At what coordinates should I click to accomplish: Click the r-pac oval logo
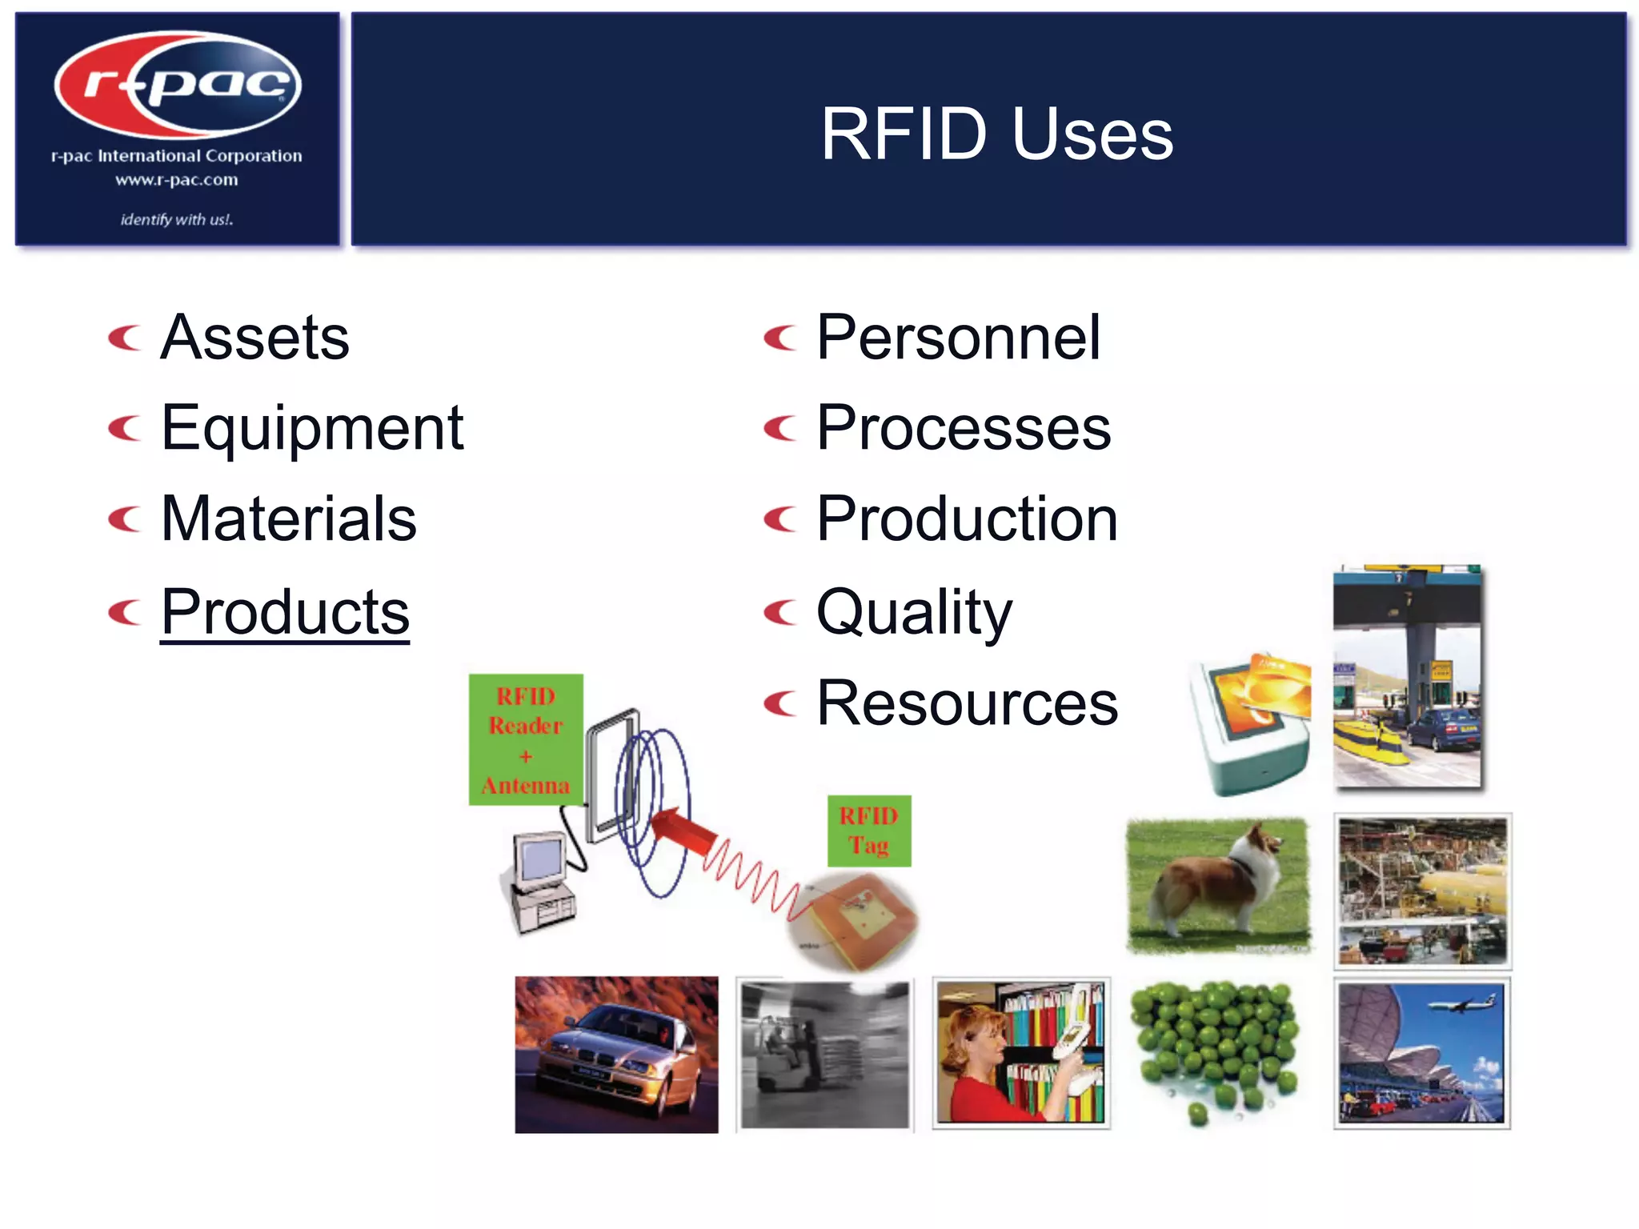178,84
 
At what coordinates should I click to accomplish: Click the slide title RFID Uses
996,134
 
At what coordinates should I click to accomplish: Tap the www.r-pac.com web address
177,180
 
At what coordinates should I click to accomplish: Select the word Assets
254,338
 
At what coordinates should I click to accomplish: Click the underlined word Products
285,612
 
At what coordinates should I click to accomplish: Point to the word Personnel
958,338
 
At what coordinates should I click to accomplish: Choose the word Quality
914,612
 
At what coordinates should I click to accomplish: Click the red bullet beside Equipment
125,429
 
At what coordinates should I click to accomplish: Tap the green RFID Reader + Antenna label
526,739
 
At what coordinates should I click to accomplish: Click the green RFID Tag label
869,831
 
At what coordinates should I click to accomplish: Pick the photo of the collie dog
1217,884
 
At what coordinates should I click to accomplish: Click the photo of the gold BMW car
616,1055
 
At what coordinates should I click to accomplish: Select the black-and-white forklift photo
824,1053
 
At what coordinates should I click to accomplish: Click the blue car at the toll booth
1442,728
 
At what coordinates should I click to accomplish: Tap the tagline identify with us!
177,219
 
